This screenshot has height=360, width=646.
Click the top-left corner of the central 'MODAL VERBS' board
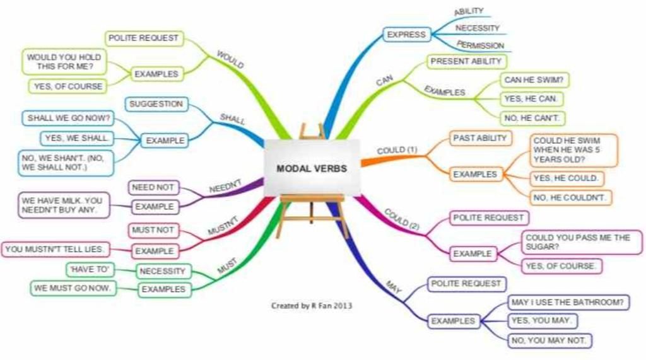[x=265, y=140]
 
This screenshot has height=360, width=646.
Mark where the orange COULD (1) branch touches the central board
[x=361, y=162]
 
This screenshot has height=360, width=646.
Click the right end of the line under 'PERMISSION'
[x=511, y=52]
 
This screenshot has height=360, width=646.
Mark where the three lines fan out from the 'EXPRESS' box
[x=432, y=34]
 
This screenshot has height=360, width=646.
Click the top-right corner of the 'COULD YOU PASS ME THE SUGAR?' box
[x=642, y=231]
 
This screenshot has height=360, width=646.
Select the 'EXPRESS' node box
[x=407, y=35]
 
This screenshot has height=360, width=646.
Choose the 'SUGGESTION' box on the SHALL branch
[x=156, y=104]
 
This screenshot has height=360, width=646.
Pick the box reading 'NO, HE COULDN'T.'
[x=570, y=198]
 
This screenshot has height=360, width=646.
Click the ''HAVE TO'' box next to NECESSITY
[x=90, y=269]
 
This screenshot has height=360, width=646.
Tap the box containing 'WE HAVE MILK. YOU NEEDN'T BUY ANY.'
[x=64, y=205]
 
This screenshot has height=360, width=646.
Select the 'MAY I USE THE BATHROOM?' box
[x=568, y=303]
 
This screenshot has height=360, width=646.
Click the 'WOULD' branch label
[x=230, y=60]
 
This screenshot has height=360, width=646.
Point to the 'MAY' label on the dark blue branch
[x=394, y=287]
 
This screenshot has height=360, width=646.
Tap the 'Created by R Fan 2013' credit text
[x=312, y=306]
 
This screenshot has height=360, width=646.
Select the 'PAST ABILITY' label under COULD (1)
[x=480, y=138]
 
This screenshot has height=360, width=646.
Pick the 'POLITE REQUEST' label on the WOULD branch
[x=144, y=38]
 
